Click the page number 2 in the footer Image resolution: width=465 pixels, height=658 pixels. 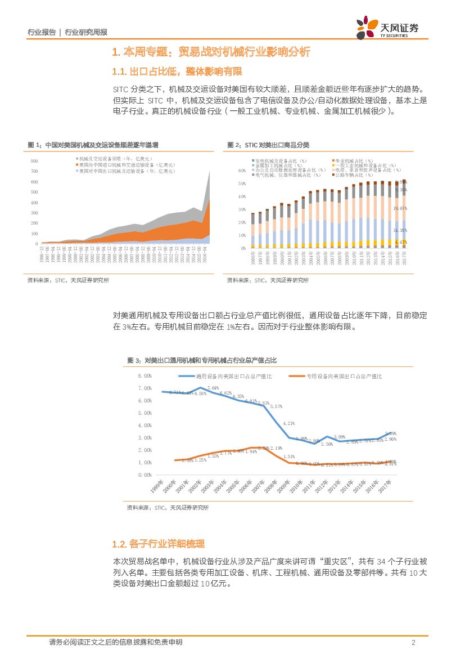pyautogui.click(x=413, y=642)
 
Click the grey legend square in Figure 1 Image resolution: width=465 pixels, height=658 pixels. pyautogui.click(x=76, y=159)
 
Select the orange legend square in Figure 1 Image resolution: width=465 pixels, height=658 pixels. pyautogui.click(x=76, y=165)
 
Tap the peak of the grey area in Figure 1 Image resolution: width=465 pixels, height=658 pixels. pyautogui.click(x=209, y=172)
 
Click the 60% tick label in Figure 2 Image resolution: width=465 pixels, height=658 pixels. pyautogui.click(x=242, y=171)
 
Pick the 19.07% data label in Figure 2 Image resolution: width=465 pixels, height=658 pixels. pyautogui.click(x=400, y=208)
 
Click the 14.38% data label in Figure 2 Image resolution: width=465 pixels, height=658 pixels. pyautogui.click(x=400, y=230)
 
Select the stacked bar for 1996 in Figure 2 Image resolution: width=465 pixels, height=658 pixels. pyautogui.click(x=252, y=231)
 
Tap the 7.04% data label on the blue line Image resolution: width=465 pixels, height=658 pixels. pyautogui.click(x=213, y=388)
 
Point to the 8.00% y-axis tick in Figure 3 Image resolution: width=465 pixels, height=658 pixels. pyautogui.click(x=145, y=376)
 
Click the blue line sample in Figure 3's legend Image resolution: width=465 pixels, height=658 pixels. pyautogui.click(x=186, y=376)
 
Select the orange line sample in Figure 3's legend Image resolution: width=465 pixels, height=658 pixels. pyautogui.click(x=296, y=376)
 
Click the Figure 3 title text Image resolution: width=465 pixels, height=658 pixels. pyautogui.click(x=202, y=360)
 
